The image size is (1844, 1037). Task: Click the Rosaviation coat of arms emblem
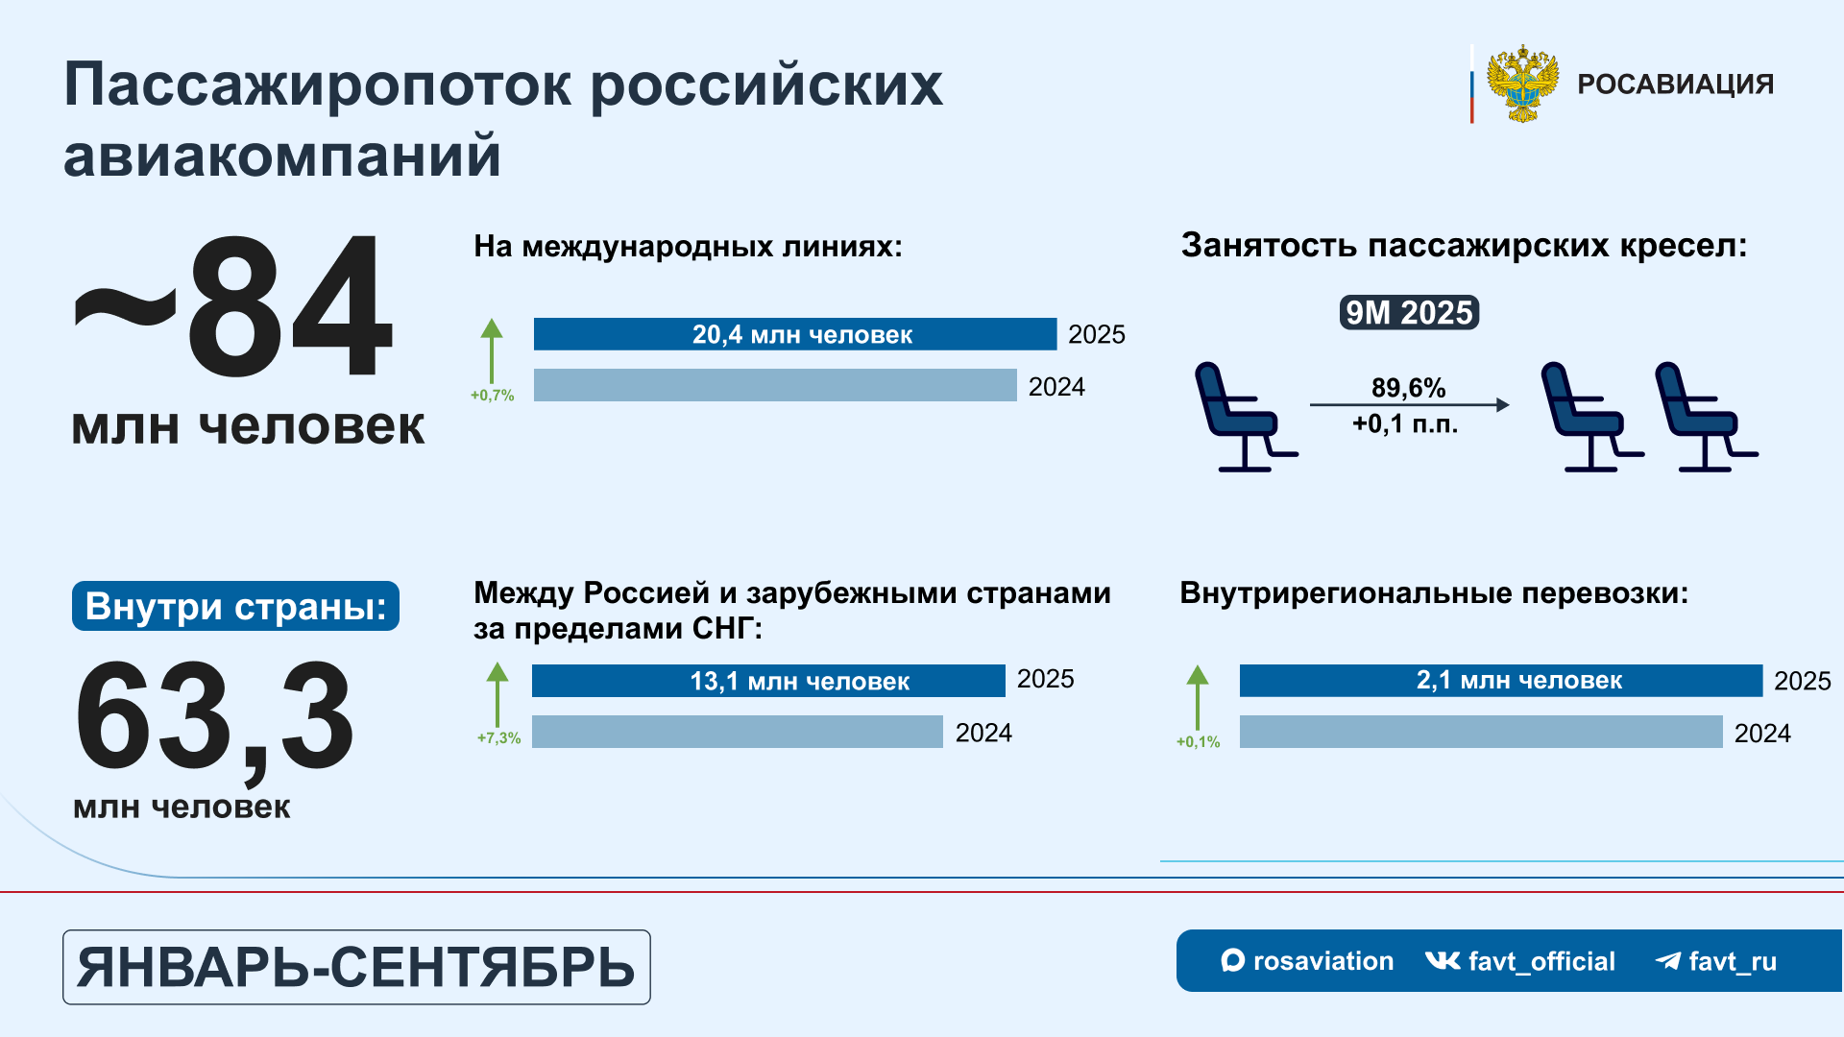click(x=1522, y=84)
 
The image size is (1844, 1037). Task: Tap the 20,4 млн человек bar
click(x=795, y=334)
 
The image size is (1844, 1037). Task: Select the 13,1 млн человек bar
click(x=768, y=681)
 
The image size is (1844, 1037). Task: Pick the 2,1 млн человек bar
click(x=1501, y=681)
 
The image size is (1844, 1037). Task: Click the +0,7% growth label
click(x=493, y=396)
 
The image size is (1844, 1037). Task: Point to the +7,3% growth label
click(x=499, y=737)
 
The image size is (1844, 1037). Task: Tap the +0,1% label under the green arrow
click(x=1199, y=742)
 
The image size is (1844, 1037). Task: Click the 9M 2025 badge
click(x=1409, y=313)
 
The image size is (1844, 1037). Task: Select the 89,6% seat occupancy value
click(x=1408, y=388)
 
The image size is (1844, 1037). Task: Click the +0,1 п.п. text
click(x=1405, y=424)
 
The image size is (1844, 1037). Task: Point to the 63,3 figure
click(x=215, y=718)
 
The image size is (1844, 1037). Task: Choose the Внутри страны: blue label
click(x=235, y=606)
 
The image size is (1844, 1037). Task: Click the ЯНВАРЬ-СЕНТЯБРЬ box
click(x=356, y=967)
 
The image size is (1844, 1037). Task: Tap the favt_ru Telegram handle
click(x=1716, y=961)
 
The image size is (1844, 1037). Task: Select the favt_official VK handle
click(x=1519, y=961)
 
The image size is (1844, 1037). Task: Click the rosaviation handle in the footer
click(x=1307, y=961)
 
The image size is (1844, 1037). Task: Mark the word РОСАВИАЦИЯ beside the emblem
click(x=1675, y=84)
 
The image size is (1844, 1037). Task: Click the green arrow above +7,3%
click(x=497, y=694)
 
